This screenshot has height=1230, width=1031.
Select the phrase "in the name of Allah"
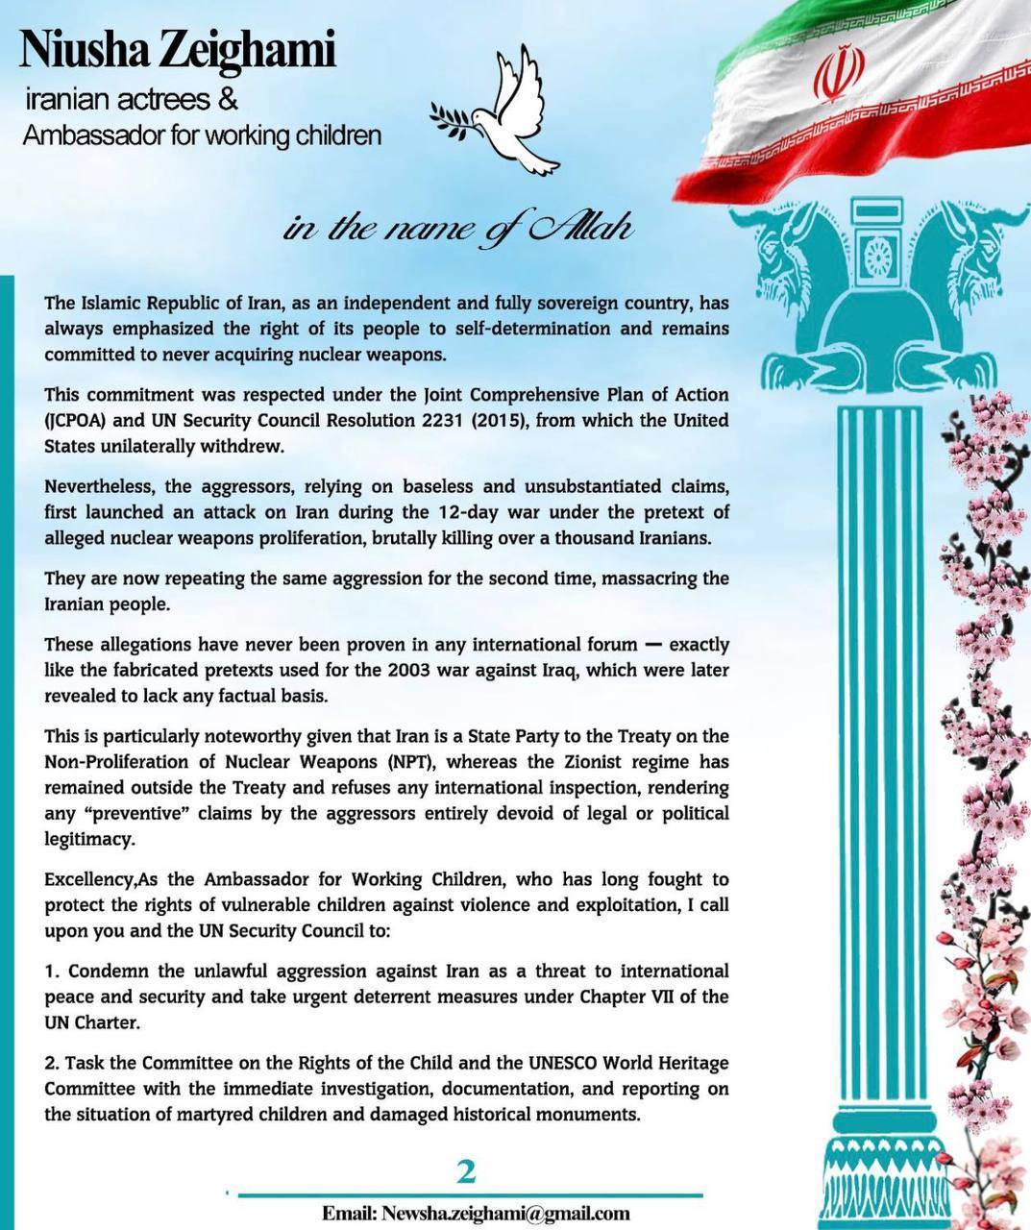click(x=457, y=229)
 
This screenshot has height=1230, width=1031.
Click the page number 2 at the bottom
click(x=467, y=1171)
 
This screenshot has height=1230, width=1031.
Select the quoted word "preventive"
click(x=124, y=813)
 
